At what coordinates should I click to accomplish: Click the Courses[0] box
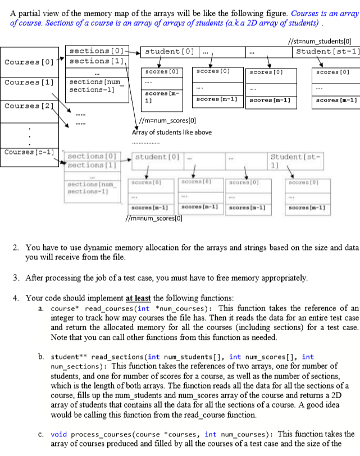pos(30,61)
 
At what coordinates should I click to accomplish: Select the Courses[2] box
pos(30,106)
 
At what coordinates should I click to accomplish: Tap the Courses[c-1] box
pos(30,153)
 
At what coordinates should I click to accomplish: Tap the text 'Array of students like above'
pos(172,133)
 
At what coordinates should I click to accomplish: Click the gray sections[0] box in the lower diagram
pos(93,156)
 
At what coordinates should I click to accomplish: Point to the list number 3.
pos(15,278)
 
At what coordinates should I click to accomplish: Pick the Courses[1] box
pos(30,82)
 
